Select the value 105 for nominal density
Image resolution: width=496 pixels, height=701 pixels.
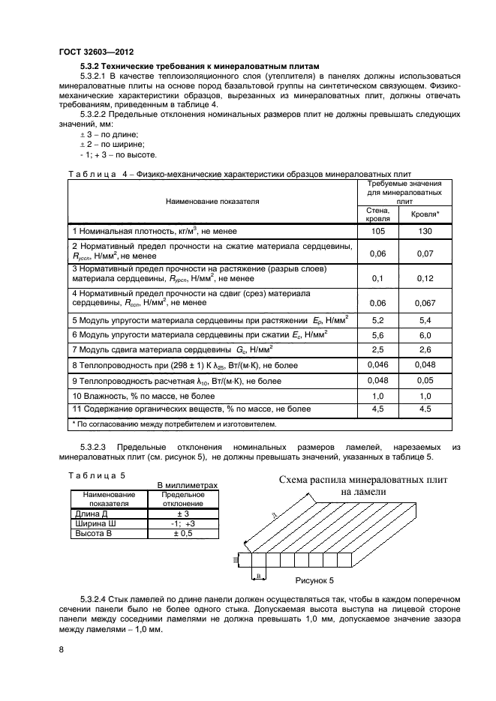(378, 231)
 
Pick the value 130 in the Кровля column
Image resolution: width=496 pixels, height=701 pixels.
(425, 231)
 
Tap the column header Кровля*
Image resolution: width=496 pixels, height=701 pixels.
(425, 214)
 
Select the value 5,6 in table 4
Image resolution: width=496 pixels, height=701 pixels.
(378, 334)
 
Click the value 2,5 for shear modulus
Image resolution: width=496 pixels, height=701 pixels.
(378, 349)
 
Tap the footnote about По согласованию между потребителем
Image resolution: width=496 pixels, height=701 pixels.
(173, 424)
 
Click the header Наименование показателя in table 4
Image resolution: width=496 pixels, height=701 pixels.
(212, 201)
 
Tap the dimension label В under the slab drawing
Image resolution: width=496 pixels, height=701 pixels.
(258, 575)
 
